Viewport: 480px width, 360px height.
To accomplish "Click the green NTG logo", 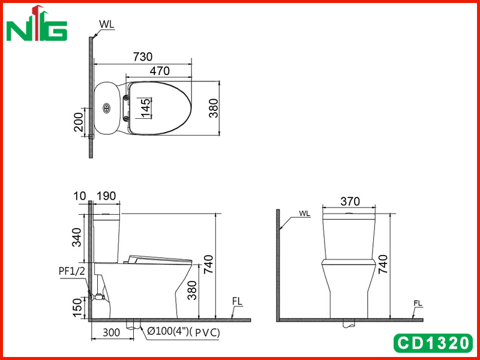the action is click(x=37, y=24).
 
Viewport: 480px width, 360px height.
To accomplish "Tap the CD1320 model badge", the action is click(x=433, y=343).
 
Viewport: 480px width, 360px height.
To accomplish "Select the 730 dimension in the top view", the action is click(x=143, y=56).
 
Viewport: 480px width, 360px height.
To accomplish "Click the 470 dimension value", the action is click(x=160, y=71).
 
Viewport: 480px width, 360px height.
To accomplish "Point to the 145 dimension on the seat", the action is click(x=146, y=108).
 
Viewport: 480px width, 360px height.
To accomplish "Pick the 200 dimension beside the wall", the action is click(x=79, y=122).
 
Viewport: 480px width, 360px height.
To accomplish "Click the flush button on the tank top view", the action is click(x=106, y=108).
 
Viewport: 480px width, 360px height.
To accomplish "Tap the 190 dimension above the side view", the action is click(x=106, y=196).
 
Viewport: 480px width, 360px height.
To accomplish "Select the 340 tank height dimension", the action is click(x=77, y=237).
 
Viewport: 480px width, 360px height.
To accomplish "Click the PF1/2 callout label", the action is click(x=71, y=271).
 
